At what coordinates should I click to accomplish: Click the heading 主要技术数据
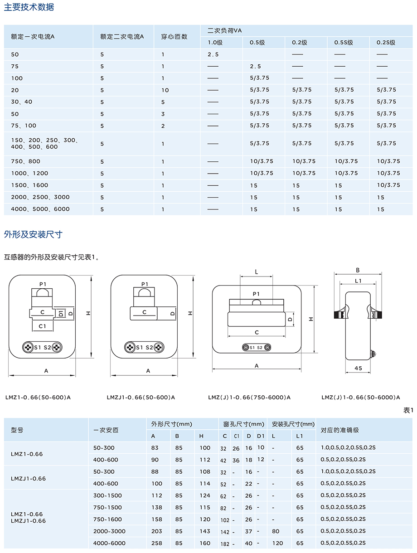click(29, 7)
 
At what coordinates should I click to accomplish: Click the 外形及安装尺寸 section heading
click(33, 234)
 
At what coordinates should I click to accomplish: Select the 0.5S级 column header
click(344, 43)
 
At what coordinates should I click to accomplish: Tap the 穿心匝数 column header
click(174, 37)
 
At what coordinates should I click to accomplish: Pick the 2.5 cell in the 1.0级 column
click(213, 54)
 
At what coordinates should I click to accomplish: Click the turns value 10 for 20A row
click(165, 90)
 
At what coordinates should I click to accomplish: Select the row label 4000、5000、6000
click(40, 209)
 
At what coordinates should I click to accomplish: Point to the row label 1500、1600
click(29, 185)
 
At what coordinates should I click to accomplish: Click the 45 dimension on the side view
click(358, 369)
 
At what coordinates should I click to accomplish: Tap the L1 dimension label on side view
click(358, 281)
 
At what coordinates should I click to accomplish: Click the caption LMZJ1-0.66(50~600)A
click(141, 398)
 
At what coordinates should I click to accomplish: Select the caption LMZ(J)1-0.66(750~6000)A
click(249, 398)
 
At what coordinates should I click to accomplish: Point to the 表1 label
click(408, 410)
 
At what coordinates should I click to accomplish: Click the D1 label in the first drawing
click(61, 313)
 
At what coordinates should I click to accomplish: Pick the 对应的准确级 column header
click(339, 430)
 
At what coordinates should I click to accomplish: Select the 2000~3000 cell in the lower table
click(109, 531)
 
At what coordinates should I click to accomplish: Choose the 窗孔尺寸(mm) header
click(243, 424)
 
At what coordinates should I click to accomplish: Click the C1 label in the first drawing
click(42, 326)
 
